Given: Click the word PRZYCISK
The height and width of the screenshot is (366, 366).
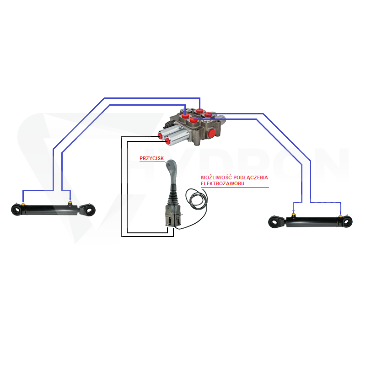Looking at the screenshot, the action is [x=152, y=158].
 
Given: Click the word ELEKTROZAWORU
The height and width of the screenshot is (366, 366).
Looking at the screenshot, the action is [x=222, y=184].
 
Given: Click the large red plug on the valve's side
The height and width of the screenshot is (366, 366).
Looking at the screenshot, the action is [x=212, y=133].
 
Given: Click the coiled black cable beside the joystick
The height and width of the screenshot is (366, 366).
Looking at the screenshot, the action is [x=196, y=199].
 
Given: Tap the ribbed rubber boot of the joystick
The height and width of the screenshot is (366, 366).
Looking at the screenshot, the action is [x=173, y=196].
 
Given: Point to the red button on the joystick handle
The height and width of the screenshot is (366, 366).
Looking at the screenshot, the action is [x=167, y=165].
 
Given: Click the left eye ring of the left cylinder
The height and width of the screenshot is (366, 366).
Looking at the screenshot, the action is [x=16, y=210].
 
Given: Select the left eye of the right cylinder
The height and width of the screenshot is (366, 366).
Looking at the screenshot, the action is [x=274, y=222].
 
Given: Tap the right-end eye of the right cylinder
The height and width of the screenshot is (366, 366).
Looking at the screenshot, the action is [x=347, y=222].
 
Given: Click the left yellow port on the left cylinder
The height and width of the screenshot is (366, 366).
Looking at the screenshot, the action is [x=23, y=205].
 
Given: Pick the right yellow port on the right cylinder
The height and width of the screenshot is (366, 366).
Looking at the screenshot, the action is [x=340, y=216].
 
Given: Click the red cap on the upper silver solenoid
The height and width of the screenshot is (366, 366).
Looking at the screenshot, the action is [x=161, y=135].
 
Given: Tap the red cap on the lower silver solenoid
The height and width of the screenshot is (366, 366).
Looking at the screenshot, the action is [x=167, y=141].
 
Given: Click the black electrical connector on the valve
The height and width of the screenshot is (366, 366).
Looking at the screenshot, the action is [x=168, y=124].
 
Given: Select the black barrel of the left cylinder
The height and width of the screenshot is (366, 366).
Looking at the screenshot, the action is [x=49, y=210].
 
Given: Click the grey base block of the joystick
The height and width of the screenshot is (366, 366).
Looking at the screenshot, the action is [x=173, y=216].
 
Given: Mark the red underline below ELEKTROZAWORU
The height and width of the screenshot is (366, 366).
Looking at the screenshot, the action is [x=235, y=187].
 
